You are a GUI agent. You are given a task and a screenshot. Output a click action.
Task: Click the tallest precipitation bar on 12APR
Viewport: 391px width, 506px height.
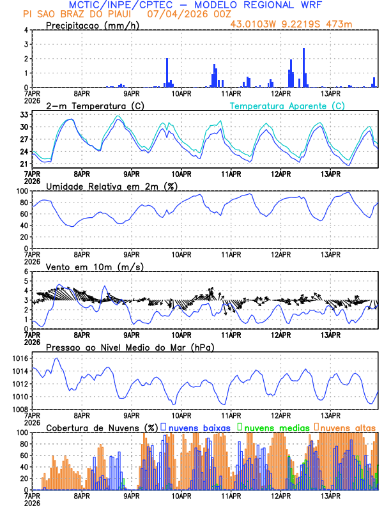click(x=303, y=67)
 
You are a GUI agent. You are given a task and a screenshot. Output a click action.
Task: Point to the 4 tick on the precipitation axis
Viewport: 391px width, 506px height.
click(x=26, y=30)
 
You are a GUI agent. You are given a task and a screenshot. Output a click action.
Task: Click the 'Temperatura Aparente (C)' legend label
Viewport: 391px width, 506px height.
click(x=287, y=105)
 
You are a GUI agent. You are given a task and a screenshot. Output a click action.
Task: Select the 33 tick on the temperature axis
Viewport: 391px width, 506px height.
click(x=24, y=114)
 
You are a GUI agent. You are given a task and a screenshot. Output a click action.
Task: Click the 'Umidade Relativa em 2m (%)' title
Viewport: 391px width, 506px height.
click(x=112, y=186)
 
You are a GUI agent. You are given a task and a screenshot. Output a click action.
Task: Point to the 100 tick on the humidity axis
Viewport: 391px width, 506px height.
click(x=22, y=191)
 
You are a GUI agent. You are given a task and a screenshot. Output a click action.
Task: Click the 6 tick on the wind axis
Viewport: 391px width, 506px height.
click(x=26, y=272)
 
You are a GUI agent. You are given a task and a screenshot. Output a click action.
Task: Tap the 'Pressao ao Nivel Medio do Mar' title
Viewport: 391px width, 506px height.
click(x=130, y=347)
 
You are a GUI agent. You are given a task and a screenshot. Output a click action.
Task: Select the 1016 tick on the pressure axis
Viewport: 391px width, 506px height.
click(x=19, y=358)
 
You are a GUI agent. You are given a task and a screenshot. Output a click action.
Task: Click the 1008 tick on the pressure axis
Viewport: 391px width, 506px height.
click(x=19, y=409)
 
